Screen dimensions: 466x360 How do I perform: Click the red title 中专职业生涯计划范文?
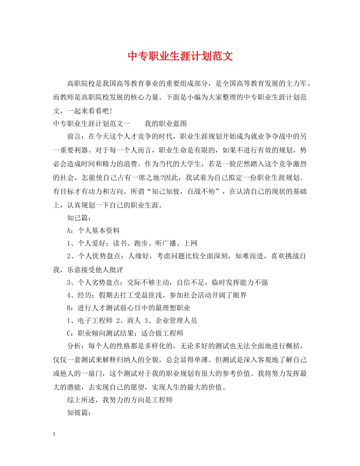[180, 56]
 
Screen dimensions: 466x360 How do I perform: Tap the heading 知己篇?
[77, 218]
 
